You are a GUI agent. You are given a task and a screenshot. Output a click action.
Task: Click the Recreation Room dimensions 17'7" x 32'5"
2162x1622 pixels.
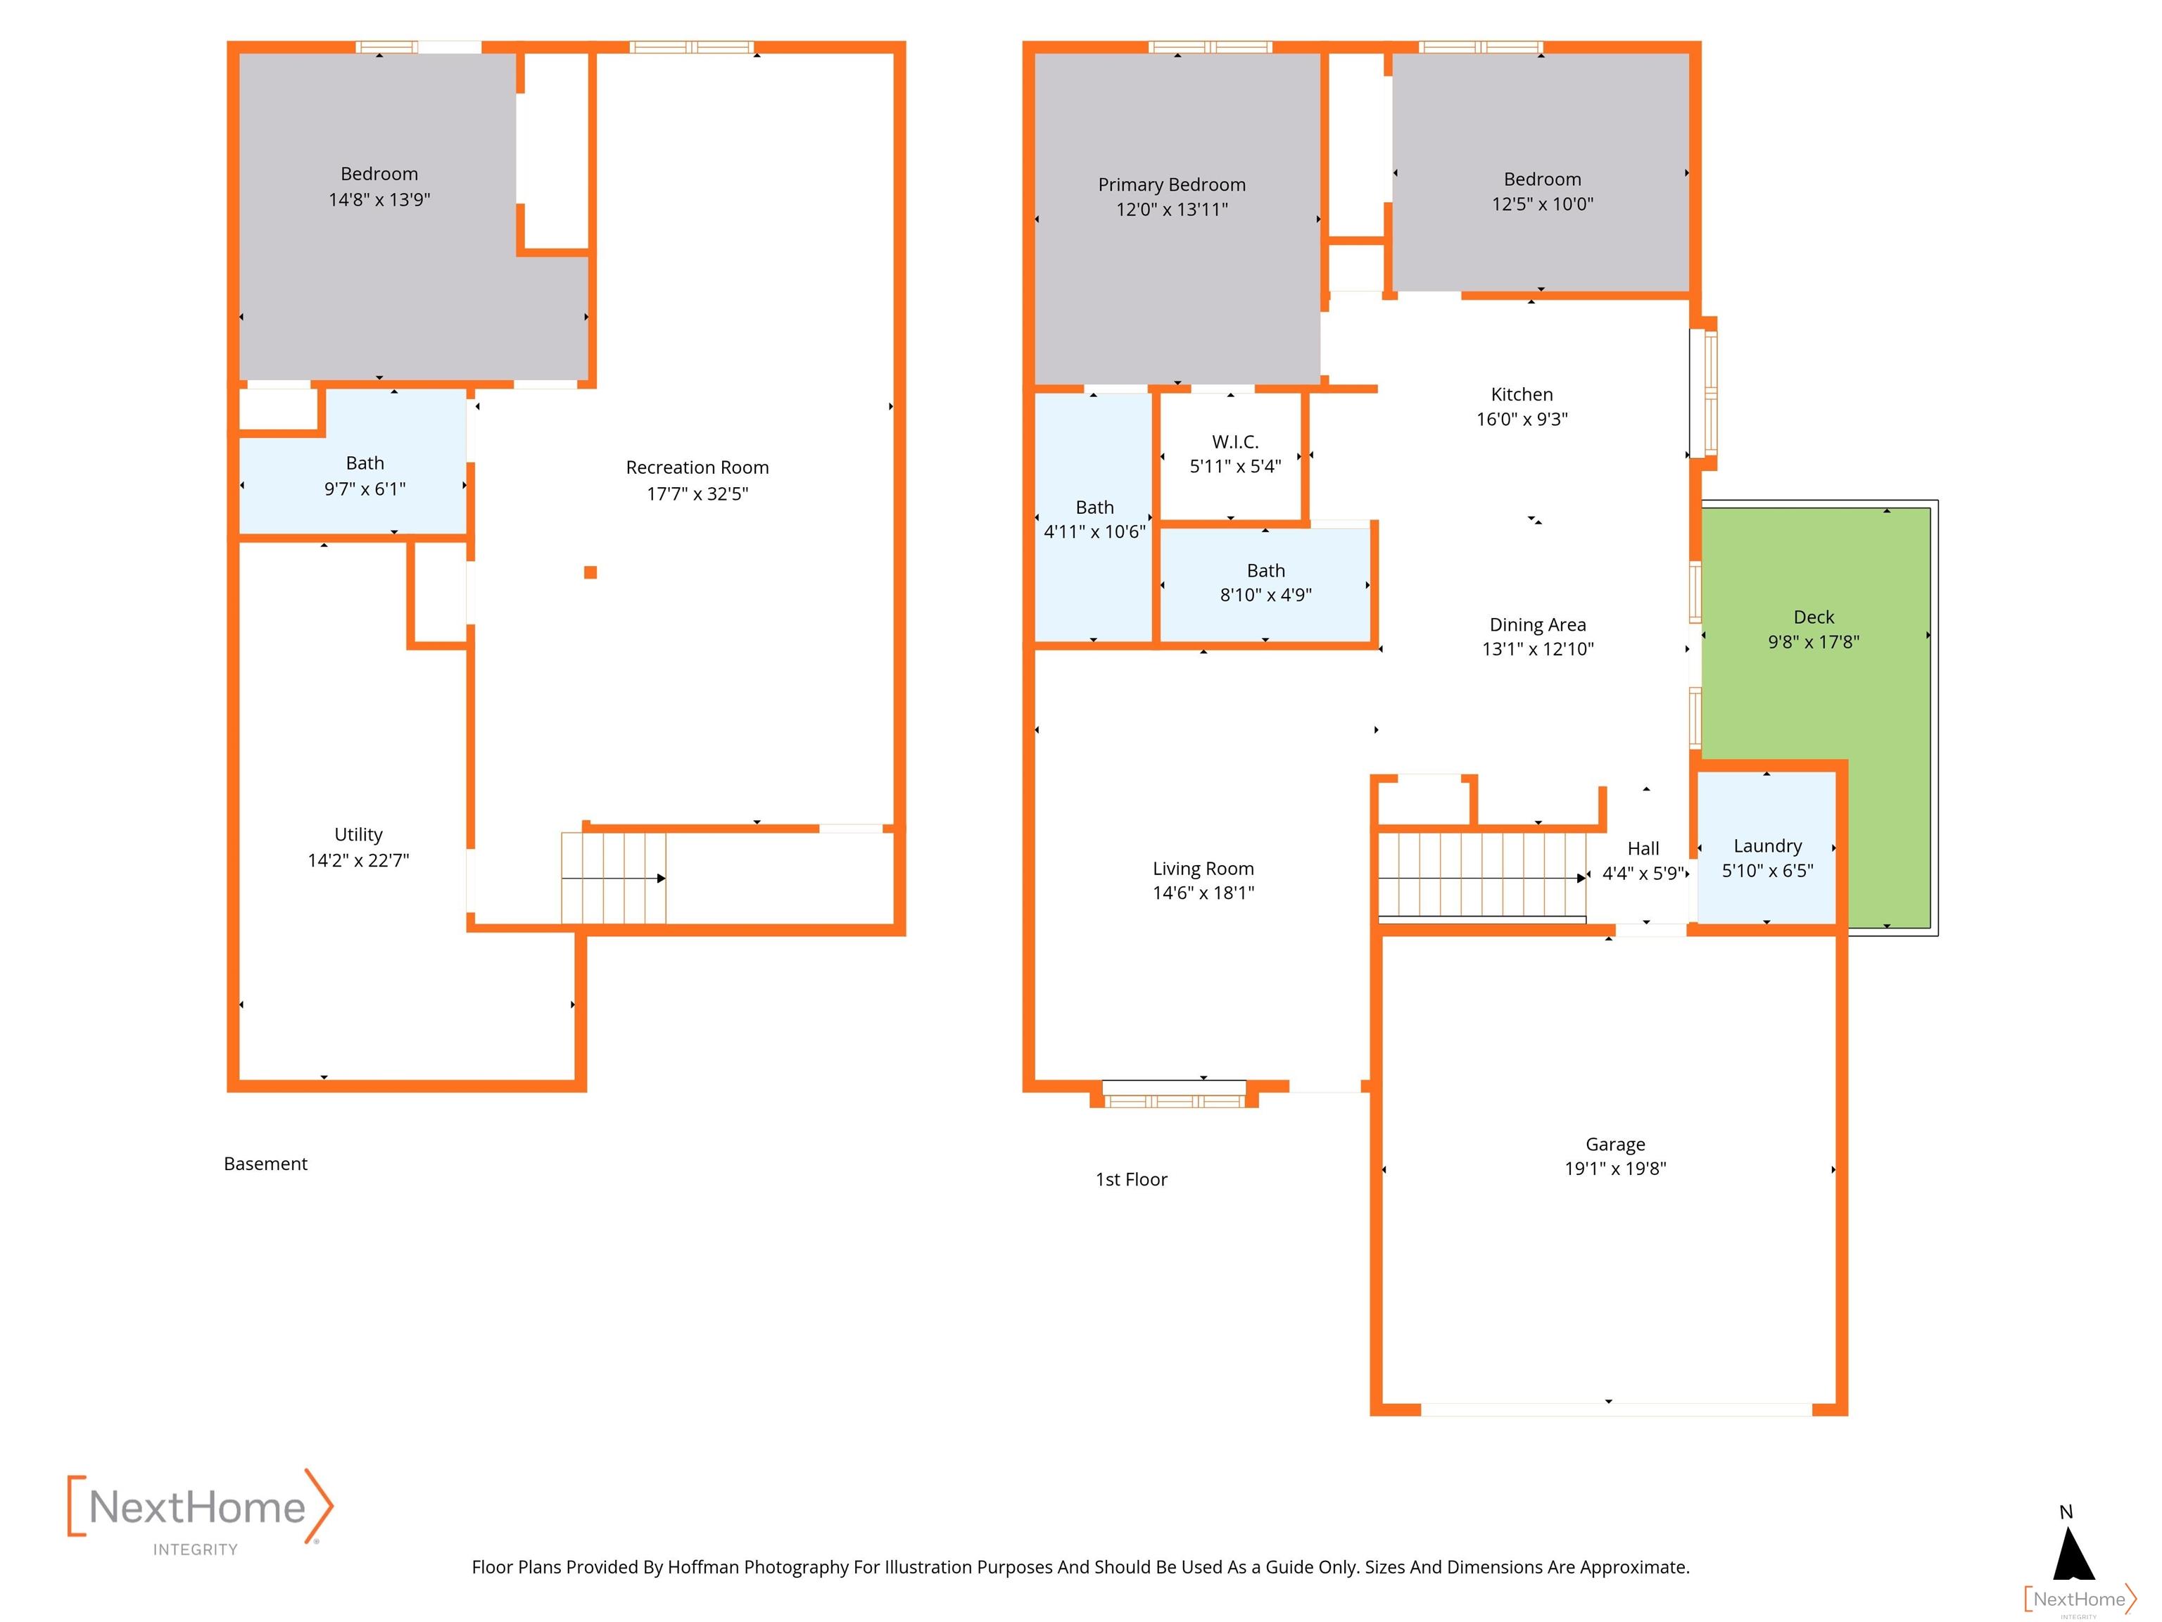click(x=697, y=493)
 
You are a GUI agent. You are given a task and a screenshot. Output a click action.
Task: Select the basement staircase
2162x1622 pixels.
click(x=613, y=877)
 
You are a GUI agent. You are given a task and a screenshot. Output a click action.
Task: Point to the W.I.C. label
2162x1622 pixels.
click(x=1234, y=442)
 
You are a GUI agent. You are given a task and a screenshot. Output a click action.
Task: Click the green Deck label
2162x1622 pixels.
click(x=1813, y=617)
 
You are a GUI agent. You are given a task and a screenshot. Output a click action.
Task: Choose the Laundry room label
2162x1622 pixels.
click(x=1767, y=845)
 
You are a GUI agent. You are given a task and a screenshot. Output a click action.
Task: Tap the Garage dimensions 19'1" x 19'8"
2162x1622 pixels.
click(x=1614, y=1169)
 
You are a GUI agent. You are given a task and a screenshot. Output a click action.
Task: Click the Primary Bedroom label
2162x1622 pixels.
click(x=1171, y=184)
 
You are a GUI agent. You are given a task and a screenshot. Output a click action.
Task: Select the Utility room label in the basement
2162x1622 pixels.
click(x=358, y=834)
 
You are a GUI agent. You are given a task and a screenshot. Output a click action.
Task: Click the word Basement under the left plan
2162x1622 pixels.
click(x=265, y=1164)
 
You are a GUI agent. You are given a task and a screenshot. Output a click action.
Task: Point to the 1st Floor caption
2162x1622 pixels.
click(x=1131, y=1179)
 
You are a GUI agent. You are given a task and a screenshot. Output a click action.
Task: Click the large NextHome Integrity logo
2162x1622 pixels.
click(x=199, y=1511)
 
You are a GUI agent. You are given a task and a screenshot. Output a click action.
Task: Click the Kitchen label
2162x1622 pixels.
click(x=1521, y=394)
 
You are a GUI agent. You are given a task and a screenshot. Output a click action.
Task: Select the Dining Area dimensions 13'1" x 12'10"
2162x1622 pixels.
click(x=1538, y=649)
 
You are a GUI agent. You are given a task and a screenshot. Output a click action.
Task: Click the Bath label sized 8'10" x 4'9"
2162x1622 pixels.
click(x=1265, y=570)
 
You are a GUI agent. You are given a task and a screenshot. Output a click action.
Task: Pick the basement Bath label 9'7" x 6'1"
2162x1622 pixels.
click(x=365, y=463)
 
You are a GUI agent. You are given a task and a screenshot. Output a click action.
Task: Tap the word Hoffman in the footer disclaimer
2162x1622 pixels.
click(x=703, y=1567)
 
